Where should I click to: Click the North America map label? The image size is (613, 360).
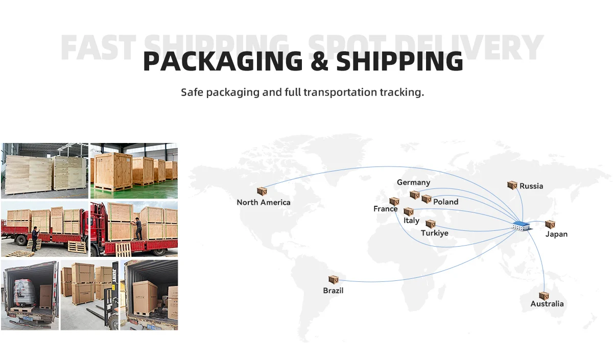tap(263, 202)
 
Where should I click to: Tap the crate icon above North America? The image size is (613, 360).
tap(262, 191)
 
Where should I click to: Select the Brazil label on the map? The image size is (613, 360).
tap(333, 291)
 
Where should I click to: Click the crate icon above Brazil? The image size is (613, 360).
tap(334, 279)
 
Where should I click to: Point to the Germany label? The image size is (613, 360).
tap(413, 182)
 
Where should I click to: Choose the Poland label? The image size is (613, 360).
tap(445, 202)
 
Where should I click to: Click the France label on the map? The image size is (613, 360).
tap(385, 209)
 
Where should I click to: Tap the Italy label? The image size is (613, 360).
tap(411, 221)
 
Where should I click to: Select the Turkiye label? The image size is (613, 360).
tap(434, 233)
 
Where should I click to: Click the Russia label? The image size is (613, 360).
tap(531, 186)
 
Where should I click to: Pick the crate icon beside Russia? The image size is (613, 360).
tap(512, 185)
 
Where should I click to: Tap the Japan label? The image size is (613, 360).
tap(556, 234)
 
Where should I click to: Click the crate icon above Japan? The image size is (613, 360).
tap(550, 224)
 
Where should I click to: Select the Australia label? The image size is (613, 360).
tap(547, 304)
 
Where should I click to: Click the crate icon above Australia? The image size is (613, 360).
tap(544, 296)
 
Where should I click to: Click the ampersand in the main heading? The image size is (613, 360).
tap(320, 61)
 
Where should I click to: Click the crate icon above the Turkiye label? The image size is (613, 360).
tap(431, 224)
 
